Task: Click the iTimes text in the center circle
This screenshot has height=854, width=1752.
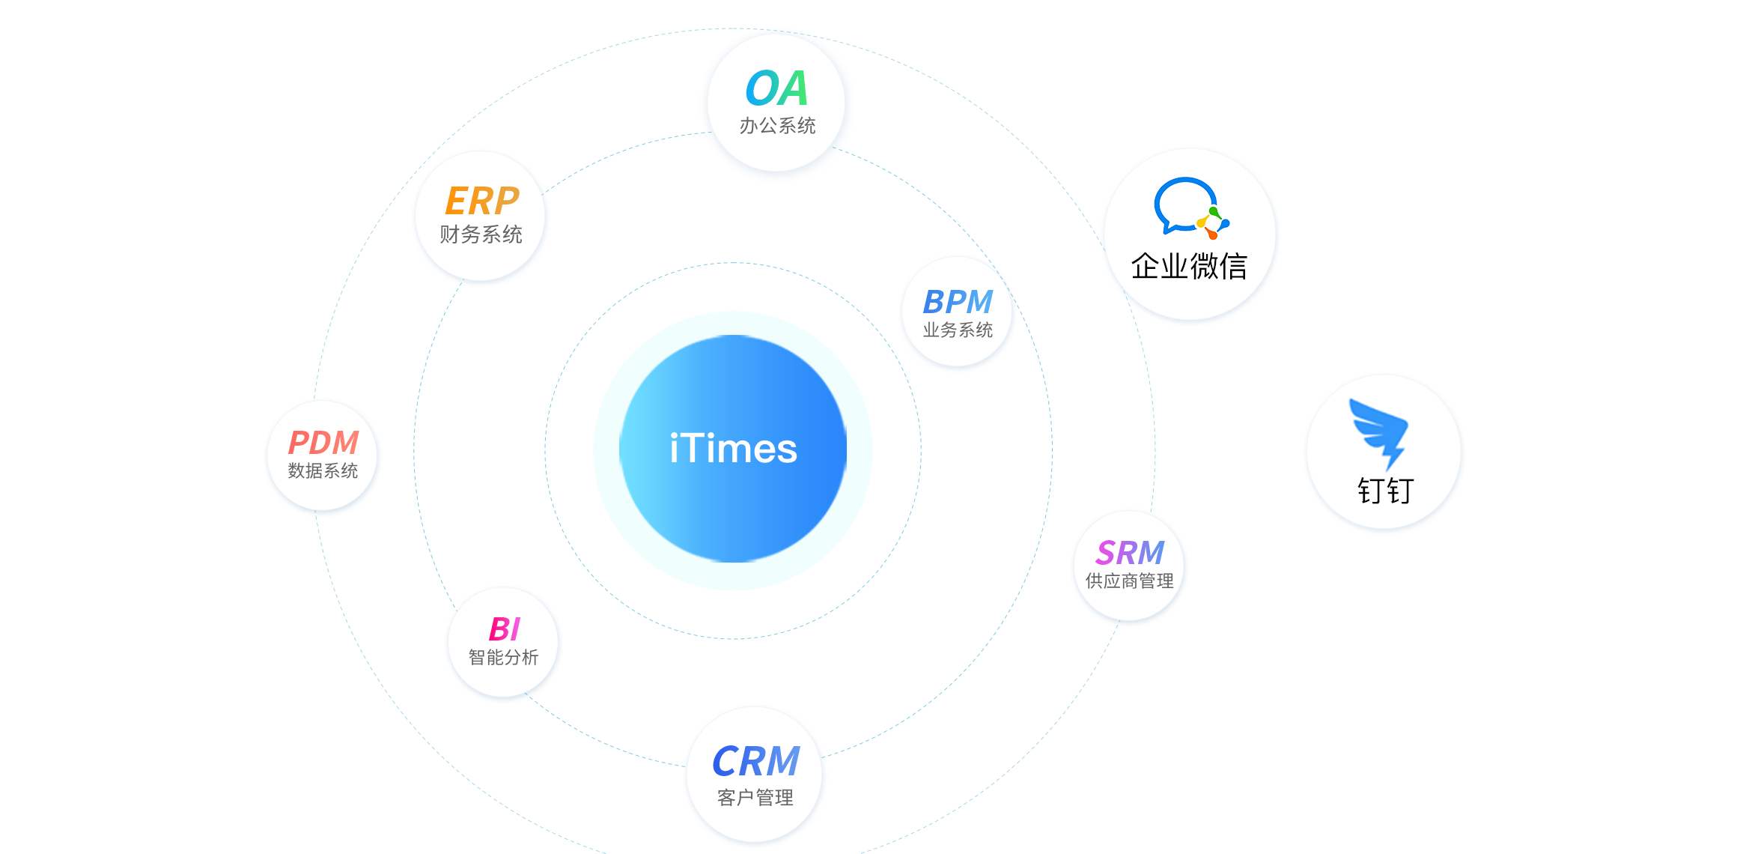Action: [x=733, y=449]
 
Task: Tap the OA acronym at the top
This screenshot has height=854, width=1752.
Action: [x=777, y=88]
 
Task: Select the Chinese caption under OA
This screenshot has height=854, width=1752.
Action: [x=777, y=126]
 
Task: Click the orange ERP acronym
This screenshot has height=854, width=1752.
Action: [x=481, y=201]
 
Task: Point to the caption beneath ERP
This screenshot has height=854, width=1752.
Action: [x=481, y=234]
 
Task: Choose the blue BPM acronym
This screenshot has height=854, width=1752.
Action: [x=958, y=302]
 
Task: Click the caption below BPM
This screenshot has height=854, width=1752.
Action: [x=958, y=330]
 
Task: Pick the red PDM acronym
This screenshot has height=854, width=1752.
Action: [x=323, y=443]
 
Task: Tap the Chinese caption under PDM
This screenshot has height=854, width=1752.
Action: [x=323, y=471]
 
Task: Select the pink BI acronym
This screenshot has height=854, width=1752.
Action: [x=504, y=629]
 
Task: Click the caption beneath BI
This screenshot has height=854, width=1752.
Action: [x=503, y=658]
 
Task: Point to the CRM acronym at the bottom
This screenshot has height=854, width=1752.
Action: [x=755, y=761]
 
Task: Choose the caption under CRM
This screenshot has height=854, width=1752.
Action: [x=755, y=798]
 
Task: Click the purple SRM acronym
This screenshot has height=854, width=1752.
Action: [x=1130, y=553]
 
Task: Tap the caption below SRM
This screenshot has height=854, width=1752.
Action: [x=1129, y=581]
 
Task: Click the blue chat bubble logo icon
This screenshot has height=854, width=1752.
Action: [x=1181, y=204]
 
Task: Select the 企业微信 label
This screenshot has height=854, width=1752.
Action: [x=1189, y=267]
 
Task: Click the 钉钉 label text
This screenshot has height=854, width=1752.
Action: [x=1385, y=491]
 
